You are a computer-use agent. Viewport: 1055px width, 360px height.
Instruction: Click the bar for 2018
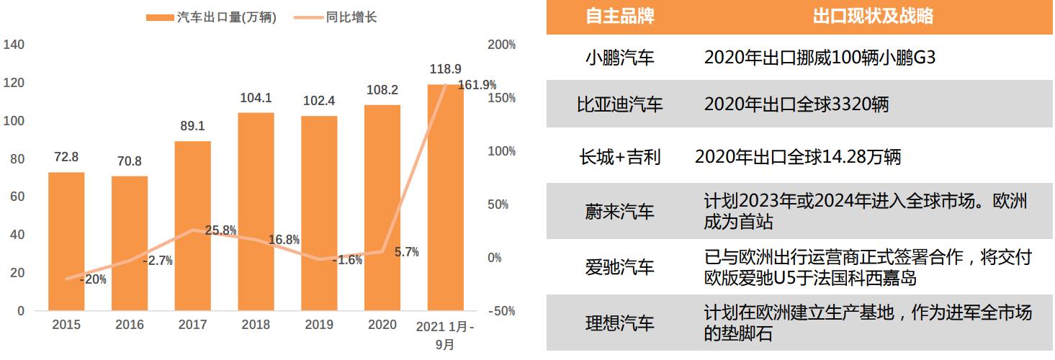click(256, 212)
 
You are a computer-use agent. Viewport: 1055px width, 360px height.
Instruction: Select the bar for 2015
click(66, 241)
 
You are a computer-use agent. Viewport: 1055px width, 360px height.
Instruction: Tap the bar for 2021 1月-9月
click(445, 198)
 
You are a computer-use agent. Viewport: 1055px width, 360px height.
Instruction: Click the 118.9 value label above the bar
click(445, 69)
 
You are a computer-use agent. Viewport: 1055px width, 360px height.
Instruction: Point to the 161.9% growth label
click(477, 85)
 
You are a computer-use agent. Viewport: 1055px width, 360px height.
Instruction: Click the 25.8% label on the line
click(221, 230)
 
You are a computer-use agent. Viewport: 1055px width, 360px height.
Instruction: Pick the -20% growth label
click(92, 279)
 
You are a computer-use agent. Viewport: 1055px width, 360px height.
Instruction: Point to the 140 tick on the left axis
click(14, 45)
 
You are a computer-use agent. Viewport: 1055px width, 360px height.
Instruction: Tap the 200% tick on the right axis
click(501, 45)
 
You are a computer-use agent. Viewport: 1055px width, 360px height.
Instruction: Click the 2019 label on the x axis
click(319, 325)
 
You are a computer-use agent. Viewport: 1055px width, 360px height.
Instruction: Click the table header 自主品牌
click(619, 17)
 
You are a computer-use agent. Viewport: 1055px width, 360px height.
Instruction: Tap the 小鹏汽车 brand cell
click(619, 58)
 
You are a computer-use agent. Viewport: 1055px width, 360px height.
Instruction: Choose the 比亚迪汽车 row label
click(619, 105)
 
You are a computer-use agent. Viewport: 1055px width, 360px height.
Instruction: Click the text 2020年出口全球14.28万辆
click(797, 157)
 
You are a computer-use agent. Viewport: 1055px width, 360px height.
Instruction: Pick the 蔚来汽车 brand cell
click(619, 212)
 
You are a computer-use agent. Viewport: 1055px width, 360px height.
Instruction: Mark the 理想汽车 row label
click(619, 323)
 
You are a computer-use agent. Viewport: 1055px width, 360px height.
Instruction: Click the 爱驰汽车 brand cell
click(619, 267)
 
